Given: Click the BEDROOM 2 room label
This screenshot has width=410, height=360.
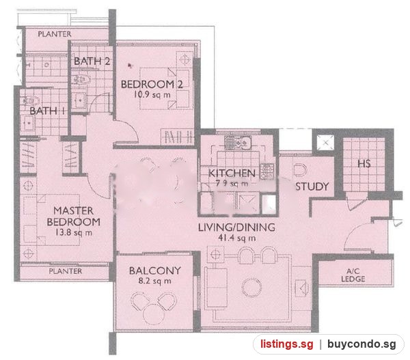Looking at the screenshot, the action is point(152,84).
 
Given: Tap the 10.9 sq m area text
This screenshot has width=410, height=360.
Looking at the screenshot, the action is point(152,94).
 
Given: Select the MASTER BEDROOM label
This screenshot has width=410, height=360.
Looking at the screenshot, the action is point(74,217).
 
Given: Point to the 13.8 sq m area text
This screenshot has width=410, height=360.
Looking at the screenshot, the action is point(74,232).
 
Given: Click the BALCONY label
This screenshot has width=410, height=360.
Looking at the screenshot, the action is point(155,271).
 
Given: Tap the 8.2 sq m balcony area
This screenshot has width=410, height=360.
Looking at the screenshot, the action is point(155,281).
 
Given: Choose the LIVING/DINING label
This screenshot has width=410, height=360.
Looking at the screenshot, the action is point(236,227).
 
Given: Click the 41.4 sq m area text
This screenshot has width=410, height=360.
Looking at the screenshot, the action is point(237,238).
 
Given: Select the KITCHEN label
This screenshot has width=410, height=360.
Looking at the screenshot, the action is point(232,173).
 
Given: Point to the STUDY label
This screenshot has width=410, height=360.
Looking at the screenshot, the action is point(312,186).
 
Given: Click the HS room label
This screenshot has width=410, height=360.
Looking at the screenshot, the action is point(364,164).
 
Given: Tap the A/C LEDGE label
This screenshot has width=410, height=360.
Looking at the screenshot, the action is point(353,275).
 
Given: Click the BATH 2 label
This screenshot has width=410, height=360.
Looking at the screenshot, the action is point(92,61).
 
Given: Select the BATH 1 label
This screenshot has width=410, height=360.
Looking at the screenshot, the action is point(47,111).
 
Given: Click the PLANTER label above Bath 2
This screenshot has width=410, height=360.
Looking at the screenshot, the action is point(55,34).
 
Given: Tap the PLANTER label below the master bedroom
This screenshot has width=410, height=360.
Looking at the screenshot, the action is point(66,271).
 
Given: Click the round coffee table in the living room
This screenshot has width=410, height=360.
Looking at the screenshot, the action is point(251,288).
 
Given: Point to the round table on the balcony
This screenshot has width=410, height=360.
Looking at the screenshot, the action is point(154,315).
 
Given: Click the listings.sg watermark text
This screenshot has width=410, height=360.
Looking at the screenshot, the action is point(287,344).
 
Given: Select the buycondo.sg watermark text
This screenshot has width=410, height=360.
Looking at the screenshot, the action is point(361,344).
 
